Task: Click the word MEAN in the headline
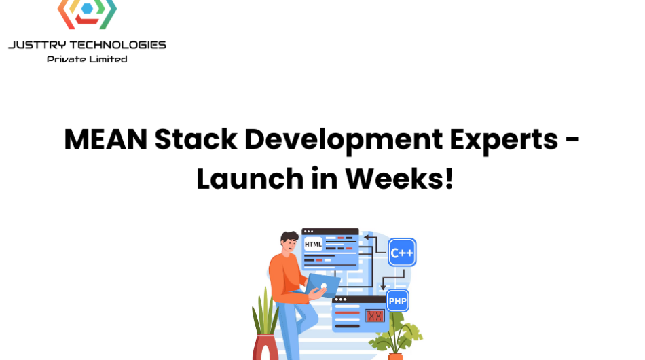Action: click(x=106, y=139)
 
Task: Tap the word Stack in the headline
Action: click(x=196, y=139)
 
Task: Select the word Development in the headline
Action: click(x=344, y=141)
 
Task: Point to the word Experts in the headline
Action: click(x=504, y=141)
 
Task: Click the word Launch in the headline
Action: click(x=250, y=179)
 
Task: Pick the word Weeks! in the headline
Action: click(x=399, y=179)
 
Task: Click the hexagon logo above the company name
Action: click(x=87, y=14)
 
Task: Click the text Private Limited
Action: click(x=87, y=59)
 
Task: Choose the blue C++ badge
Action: click(x=402, y=252)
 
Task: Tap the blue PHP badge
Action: click(x=397, y=301)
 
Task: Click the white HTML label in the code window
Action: click(x=313, y=244)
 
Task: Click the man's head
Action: click(x=289, y=242)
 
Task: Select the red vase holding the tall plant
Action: click(x=265, y=347)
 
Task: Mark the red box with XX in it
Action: click(x=375, y=316)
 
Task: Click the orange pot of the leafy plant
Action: click(x=395, y=357)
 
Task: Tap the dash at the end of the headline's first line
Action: click(x=572, y=141)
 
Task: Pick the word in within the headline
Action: click(x=324, y=179)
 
